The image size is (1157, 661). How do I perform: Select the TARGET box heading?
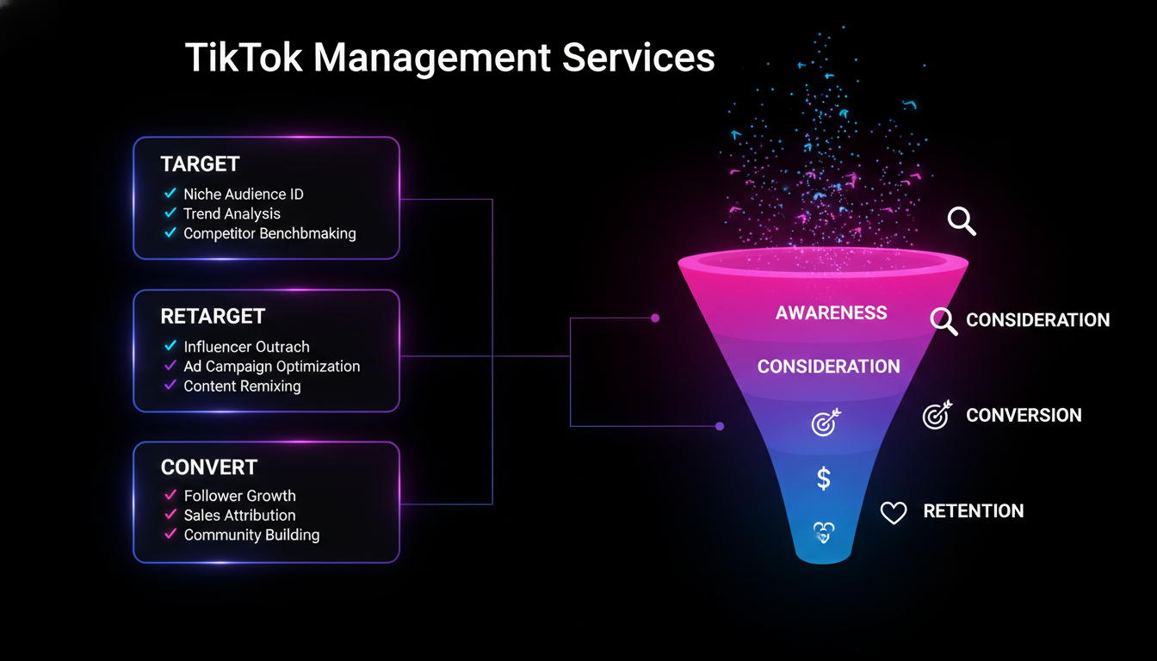[x=200, y=164]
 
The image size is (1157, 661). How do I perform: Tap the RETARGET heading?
[x=212, y=316]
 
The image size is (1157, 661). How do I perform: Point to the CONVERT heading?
[x=208, y=467]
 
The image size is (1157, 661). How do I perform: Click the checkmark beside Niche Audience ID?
[x=170, y=194]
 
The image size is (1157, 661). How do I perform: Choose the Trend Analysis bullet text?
[x=232, y=213]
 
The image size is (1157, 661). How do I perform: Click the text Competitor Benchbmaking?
[x=269, y=233]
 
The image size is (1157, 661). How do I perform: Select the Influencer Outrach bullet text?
[x=246, y=347]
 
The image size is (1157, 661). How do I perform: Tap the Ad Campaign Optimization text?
[x=272, y=367]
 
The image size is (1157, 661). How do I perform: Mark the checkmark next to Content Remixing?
[x=170, y=386]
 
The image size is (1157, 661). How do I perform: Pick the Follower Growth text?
[x=239, y=496]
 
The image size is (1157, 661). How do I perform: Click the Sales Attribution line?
[x=239, y=516]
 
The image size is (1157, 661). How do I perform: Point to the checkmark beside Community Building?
[x=170, y=534]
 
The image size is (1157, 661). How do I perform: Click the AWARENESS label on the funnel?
[x=831, y=313]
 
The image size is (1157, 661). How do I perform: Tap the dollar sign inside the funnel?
[x=824, y=479]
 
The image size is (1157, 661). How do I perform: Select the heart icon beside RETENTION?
[x=894, y=513]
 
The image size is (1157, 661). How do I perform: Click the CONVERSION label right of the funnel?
[x=1024, y=416]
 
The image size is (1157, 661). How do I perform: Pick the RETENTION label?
[x=974, y=511]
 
